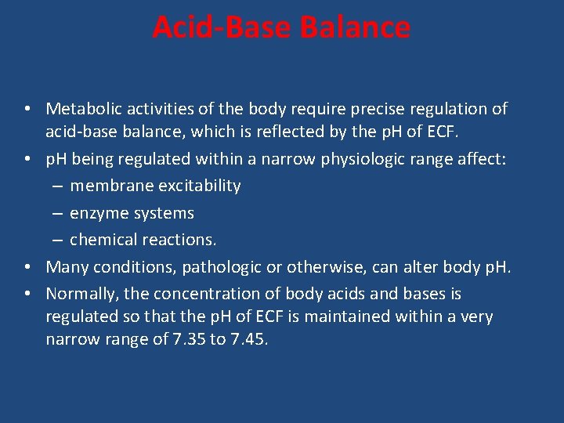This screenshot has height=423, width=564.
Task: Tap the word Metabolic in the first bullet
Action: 82,109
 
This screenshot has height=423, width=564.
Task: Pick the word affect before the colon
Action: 480,159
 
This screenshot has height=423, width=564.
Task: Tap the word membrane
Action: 107,186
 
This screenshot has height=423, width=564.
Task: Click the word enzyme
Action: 97,213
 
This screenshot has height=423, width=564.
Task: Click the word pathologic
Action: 222,267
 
